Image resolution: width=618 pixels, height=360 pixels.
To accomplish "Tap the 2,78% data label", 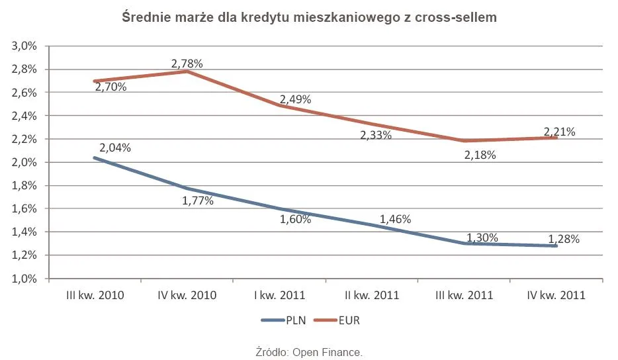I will tap(187, 64).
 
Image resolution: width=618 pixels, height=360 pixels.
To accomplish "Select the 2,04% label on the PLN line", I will tap(115, 148).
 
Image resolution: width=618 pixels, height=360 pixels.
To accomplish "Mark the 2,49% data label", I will tap(295, 99).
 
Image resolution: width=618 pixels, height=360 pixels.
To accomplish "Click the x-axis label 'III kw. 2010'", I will tap(94, 296).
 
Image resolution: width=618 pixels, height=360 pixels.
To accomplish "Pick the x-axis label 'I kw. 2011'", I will tap(279, 296).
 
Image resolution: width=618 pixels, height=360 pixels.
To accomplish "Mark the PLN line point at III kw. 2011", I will tap(464, 243).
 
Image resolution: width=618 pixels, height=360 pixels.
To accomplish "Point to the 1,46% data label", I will tap(396, 219).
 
